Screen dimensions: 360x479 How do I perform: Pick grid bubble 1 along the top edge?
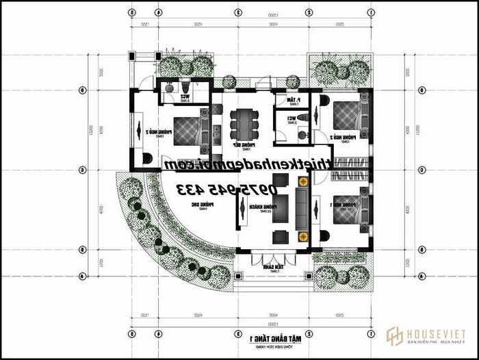370,12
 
